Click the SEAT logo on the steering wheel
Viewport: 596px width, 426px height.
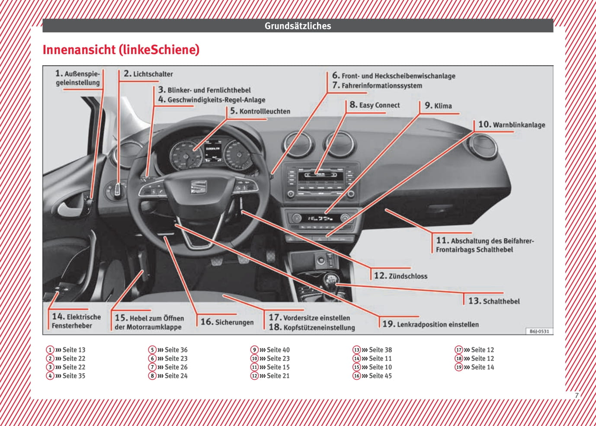(x=197, y=187)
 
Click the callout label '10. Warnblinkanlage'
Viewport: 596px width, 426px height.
(x=512, y=125)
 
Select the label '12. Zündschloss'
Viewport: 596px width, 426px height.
(x=401, y=276)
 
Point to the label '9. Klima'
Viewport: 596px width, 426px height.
(x=438, y=106)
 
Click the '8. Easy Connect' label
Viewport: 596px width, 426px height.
(x=375, y=105)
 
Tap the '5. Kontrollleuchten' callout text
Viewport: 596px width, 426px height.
(x=260, y=111)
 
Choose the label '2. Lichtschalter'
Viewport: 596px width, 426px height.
(x=148, y=74)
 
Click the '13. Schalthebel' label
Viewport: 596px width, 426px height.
(x=494, y=301)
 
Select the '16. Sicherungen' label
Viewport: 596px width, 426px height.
(x=227, y=322)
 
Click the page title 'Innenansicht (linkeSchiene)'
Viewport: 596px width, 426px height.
(x=121, y=50)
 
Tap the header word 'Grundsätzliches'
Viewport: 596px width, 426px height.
(x=298, y=26)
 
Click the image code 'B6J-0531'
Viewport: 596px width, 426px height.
(x=539, y=331)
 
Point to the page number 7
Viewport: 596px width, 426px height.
(x=577, y=395)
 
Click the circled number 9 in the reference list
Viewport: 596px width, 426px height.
(x=254, y=350)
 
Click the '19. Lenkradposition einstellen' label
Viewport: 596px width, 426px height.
(x=430, y=324)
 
